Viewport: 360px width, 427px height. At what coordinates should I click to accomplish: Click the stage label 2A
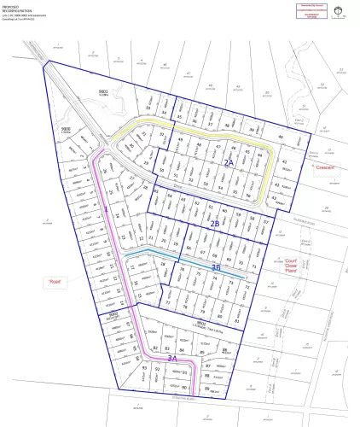pyautogui.click(x=228, y=161)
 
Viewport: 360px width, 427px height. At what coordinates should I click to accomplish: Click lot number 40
pyautogui.click(x=280, y=137)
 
